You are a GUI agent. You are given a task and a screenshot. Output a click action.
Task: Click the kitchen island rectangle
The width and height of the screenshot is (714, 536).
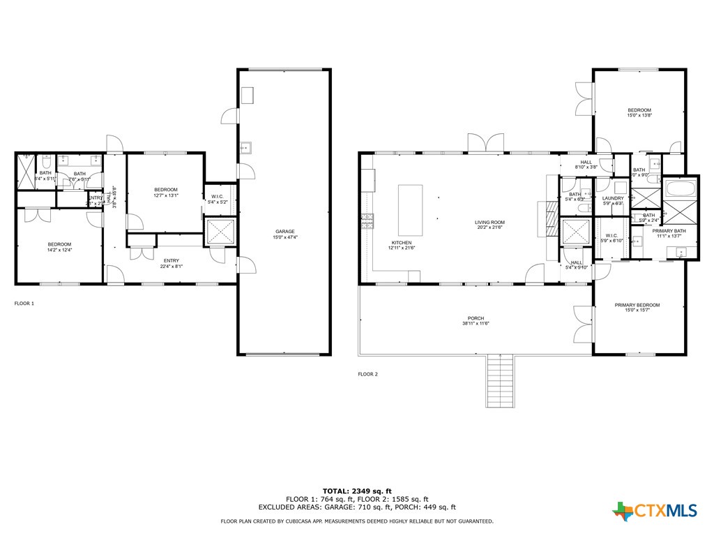[x=410, y=209]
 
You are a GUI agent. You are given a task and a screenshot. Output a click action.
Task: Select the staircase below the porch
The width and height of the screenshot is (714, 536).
[x=500, y=380]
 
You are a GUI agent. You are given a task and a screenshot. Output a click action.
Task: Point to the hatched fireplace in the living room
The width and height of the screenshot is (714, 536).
[x=552, y=225]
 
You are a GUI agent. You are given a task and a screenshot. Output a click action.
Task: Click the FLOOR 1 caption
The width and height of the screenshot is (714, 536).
[x=24, y=304]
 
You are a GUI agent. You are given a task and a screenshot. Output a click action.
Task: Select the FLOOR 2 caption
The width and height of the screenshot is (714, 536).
[x=367, y=374]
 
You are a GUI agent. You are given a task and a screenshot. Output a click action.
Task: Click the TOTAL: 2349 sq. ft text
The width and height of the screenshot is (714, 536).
[x=356, y=491]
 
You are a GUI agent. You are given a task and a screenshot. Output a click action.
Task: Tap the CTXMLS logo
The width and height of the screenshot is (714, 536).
[x=655, y=511]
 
